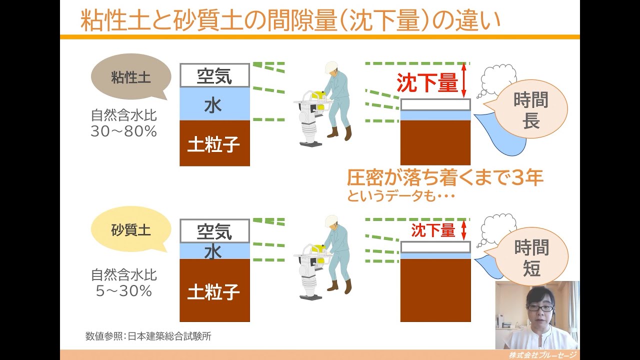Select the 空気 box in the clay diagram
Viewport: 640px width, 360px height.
tap(214, 75)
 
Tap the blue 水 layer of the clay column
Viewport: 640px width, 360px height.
tap(214, 104)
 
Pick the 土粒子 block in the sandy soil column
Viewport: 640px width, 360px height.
tap(214, 291)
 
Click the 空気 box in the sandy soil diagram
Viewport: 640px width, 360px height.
tap(214, 231)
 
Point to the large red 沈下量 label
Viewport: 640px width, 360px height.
tap(427, 83)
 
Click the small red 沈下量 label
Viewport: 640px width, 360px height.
tap(433, 230)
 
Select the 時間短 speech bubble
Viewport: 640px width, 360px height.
tap(531, 257)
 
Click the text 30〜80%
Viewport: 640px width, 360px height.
tap(124, 131)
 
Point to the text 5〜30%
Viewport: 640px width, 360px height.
tap(123, 290)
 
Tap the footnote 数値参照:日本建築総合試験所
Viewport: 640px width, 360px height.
tap(148, 336)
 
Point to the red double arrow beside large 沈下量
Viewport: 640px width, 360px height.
tap(463, 80)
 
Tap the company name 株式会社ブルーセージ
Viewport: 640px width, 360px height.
tap(542, 355)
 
